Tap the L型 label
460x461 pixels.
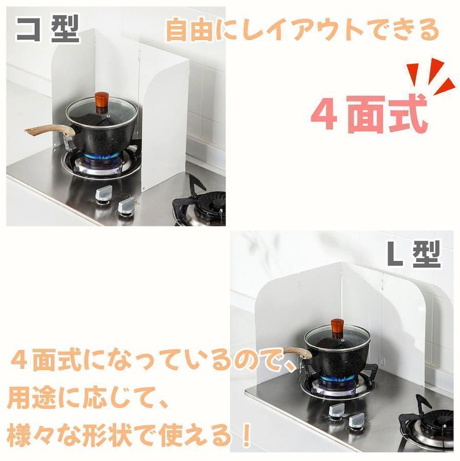pyautogui.click(x=413, y=254)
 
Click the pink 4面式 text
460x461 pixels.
pyautogui.click(x=369, y=114)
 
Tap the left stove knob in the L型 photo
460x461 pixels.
pyautogui.click(x=337, y=410)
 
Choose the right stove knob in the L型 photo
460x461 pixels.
pyautogui.click(x=358, y=421)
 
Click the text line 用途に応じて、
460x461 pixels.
pyautogui.click(x=88, y=399)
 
